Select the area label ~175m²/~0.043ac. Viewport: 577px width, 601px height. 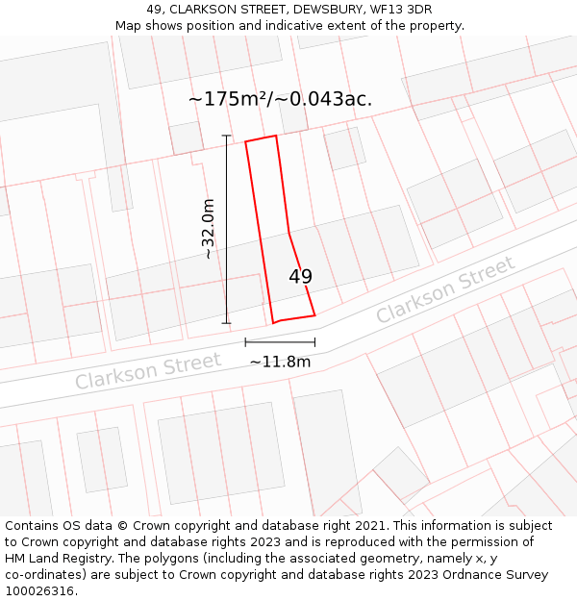click(280, 99)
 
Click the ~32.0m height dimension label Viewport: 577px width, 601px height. click(208, 229)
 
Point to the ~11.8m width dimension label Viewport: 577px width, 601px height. click(280, 362)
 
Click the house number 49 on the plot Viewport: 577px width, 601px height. click(300, 277)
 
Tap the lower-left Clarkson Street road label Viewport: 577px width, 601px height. click(148, 371)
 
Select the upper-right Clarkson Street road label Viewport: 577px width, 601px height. click(445, 290)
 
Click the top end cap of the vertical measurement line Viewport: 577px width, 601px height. click(227, 136)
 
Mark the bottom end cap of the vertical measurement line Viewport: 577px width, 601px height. click(227, 323)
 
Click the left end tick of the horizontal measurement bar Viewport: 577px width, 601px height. click(245, 341)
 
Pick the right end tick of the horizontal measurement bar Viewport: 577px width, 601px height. click(314, 341)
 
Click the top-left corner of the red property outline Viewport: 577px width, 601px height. click(246, 142)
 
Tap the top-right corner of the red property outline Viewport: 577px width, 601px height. click(276, 136)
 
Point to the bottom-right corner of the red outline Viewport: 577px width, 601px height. click(314, 314)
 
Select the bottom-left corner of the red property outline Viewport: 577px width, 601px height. click(274, 322)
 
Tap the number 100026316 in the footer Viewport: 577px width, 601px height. click(39, 591)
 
